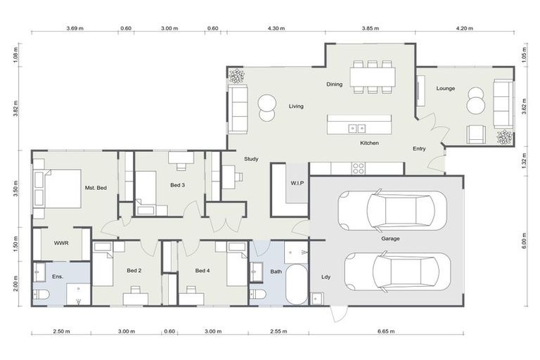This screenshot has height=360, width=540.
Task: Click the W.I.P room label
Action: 296,184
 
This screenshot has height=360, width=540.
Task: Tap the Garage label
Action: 390,238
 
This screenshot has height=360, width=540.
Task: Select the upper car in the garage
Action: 392,210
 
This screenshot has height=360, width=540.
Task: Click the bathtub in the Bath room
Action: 297,285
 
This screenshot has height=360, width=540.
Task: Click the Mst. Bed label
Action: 96,188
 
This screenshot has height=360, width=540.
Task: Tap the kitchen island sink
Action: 357,128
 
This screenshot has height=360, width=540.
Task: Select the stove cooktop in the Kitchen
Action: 358,168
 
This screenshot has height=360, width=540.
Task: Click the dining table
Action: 373,76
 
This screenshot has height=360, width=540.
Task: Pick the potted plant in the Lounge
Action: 504,137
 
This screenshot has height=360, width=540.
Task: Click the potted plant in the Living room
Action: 236,76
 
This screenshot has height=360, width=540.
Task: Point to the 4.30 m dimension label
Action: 276,29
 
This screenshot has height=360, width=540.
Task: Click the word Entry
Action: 419,148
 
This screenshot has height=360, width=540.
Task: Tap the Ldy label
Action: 325,276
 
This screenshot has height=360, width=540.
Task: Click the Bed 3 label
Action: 178,185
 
